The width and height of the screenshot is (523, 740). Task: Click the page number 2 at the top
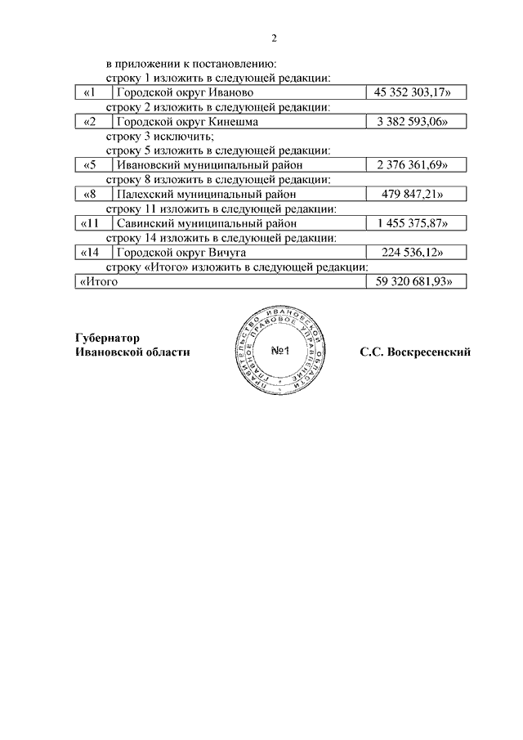[275, 38]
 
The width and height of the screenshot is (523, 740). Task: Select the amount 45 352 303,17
[416, 93]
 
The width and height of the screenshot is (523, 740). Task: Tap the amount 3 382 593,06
[416, 122]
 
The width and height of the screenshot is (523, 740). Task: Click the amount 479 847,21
[416, 194]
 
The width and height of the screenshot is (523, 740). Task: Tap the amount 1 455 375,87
[416, 223]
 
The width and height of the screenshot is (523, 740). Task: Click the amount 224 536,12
[416, 253]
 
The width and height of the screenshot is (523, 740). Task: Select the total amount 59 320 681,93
[416, 281]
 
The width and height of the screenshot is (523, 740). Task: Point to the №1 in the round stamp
[282, 352]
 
